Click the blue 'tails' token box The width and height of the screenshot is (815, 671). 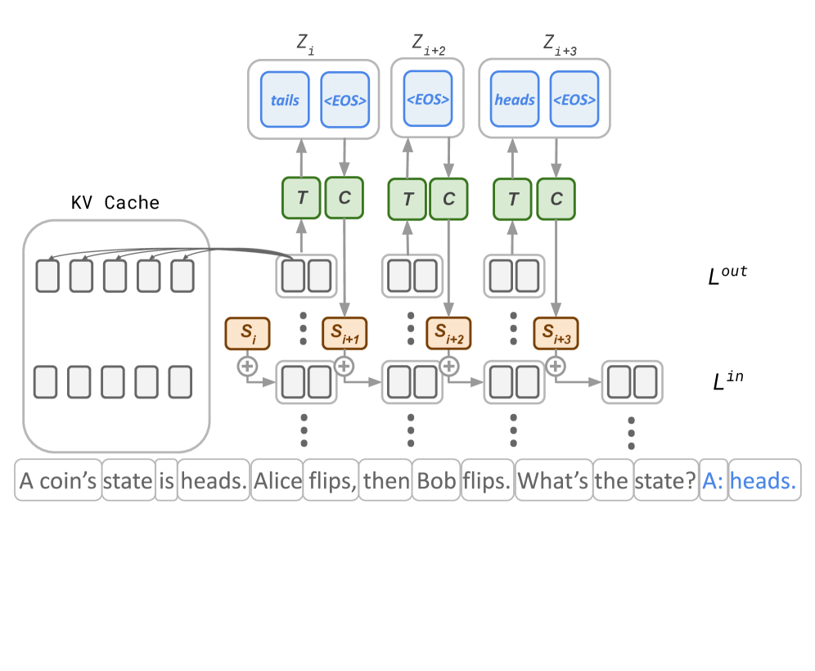pos(285,100)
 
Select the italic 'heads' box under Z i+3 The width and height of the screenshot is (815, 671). pos(514,100)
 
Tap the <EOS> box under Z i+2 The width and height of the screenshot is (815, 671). pos(427,100)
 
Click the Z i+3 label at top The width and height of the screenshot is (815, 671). pos(560,45)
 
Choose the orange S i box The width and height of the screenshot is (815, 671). pos(246,333)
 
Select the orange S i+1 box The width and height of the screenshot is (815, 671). pos(344,333)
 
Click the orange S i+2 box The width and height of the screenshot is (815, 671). pos(448,333)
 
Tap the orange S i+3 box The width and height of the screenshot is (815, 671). pos(556,333)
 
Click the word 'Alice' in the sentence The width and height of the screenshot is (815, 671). pos(277,481)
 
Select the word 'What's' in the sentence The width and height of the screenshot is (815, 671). pos(554,481)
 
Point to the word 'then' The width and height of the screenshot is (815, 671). pos(386,481)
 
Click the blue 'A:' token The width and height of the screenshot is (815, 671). pos(714,481)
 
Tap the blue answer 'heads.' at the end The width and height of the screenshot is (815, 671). pos(763,481)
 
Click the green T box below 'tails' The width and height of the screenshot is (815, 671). pos(301,198)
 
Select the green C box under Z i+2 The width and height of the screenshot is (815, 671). pos(448,198)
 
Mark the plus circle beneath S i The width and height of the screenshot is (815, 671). pos(246,365)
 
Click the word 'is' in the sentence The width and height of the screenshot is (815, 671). pos(166,481)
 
